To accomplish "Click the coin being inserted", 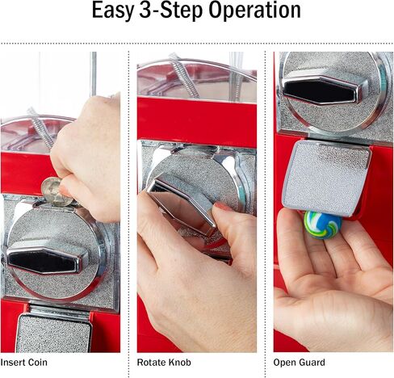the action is [55, 191].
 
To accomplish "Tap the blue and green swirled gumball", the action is [323, 225].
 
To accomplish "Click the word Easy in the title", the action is [112, 10].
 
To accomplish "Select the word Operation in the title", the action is [254, 10].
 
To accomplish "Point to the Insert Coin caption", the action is [23, 363].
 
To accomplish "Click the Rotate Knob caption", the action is [164, 363].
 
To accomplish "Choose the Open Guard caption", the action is [299, 363].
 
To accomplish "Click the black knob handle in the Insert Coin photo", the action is [44, 260].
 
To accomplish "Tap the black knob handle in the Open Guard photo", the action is [325, 90].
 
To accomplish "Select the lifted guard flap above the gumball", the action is [326, 178].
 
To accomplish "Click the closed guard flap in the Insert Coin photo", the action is [54, 333].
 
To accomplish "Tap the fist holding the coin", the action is [87, 159].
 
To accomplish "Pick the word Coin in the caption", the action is [37, 363].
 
